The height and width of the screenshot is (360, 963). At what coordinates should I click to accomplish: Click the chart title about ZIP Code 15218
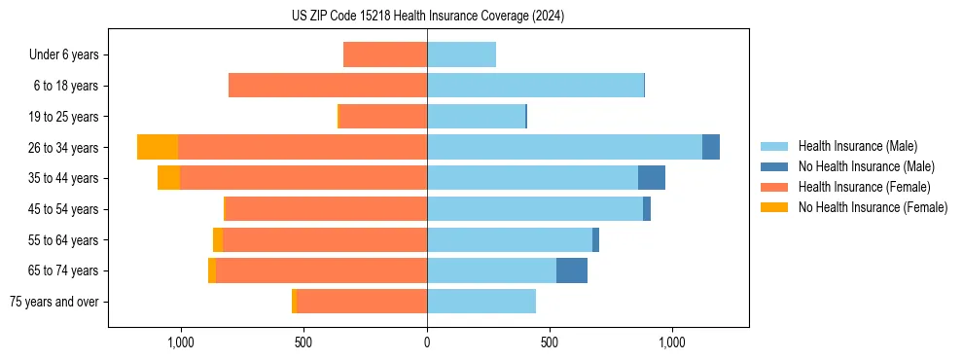point(427,16)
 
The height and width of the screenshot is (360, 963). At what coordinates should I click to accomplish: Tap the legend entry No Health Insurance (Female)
point(873,207)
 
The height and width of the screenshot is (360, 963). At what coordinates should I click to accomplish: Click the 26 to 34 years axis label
point(63,148)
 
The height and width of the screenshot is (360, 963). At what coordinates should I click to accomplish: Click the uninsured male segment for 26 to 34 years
point(711,147)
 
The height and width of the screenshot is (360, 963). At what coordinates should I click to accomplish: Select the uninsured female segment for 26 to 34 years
point(158,147)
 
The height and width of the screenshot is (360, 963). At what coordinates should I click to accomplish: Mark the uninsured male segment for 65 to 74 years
point(572,270)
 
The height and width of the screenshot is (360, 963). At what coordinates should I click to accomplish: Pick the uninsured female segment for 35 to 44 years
point(168,178)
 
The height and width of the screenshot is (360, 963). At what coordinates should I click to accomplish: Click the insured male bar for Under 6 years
point(461,54)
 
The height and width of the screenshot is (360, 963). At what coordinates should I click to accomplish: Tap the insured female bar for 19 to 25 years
point(383,117)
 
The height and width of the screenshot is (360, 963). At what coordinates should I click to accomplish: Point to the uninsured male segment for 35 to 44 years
point(652,178)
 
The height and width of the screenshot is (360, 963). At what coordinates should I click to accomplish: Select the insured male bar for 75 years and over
point(481,302)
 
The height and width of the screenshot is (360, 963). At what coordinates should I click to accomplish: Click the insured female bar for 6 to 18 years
point(328,86)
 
